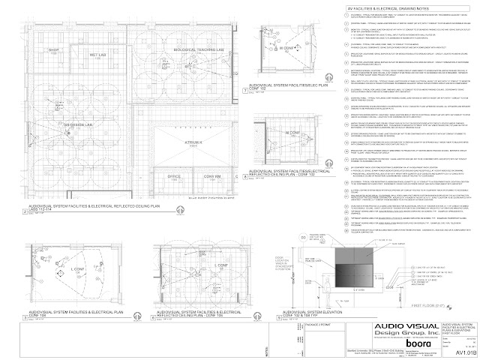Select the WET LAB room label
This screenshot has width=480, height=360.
pyautogui.click(x=98, y=55)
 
